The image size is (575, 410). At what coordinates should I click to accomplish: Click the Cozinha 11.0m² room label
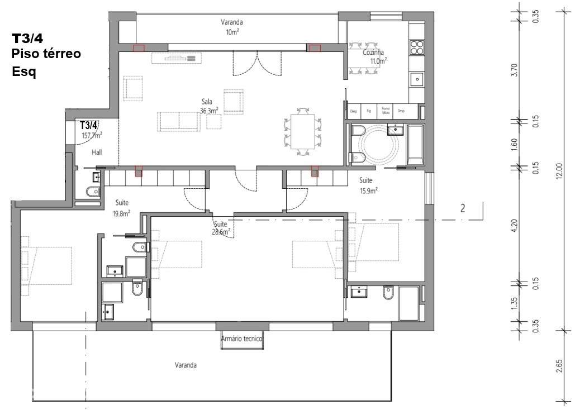pos(373,56)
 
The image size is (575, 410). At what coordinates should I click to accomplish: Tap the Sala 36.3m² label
pos(208,107)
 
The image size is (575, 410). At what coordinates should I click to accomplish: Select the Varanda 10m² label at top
pos(231,27)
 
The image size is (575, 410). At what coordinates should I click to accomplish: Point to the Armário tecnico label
pos(241,339)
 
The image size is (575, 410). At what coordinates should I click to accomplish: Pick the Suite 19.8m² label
pos(122,208)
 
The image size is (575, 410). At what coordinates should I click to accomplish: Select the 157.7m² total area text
pos(92,135)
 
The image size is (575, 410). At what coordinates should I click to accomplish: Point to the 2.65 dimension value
pos(559,366)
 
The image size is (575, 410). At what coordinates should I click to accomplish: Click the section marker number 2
pos(462,209)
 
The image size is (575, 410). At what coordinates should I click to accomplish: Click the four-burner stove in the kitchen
pos(417,46)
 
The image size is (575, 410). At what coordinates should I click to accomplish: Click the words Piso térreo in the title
pos(46,54)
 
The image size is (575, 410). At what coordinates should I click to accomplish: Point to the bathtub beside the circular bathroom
pos(415,145)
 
